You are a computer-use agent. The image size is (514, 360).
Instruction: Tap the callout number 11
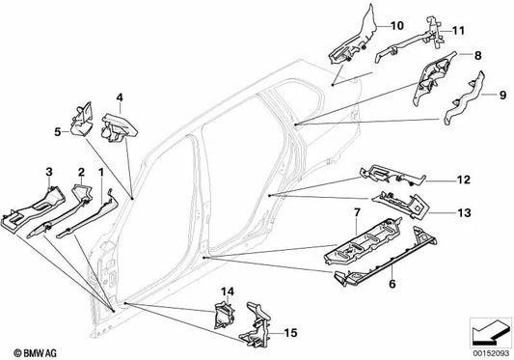[457, 30]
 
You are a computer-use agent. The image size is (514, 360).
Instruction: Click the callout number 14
[229, 291]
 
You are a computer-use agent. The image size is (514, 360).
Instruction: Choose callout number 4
[120, 97]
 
